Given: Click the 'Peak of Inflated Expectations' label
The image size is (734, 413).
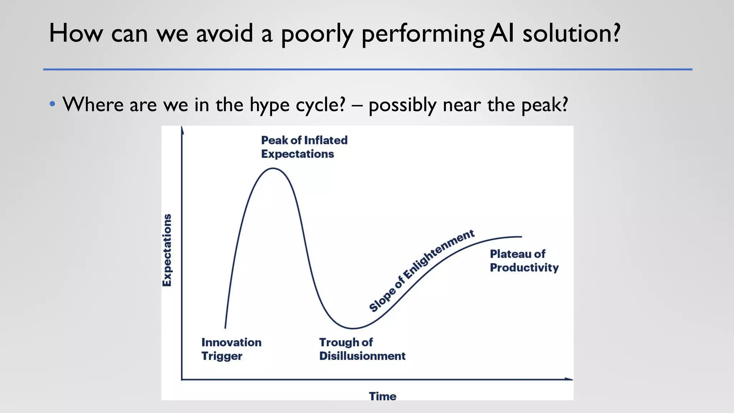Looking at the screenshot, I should [x=304, y=147].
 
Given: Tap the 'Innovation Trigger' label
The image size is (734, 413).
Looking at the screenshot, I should [x=231, y=349].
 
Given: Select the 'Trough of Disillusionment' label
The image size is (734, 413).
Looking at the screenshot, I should [x=362, y=349].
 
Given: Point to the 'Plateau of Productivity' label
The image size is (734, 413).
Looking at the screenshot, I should [x=524, y=261].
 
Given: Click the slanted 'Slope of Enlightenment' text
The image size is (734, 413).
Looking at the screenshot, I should [x=421, y=271].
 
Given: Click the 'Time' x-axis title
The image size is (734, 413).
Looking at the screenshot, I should [x=382, y=396].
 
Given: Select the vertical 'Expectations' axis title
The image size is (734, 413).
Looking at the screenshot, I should [x=167, y=250].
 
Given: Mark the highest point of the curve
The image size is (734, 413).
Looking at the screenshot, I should [x=273, y=168].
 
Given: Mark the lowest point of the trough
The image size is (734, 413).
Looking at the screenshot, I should [x=353, y=328].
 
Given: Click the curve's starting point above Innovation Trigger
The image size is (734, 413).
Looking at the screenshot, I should [x=225, y=327].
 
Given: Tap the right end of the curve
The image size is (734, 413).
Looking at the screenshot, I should [x=521, y=237].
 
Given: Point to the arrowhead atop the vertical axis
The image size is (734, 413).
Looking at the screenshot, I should [x=182, y=130].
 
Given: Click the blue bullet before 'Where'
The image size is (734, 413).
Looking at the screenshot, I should [x=53, y=104].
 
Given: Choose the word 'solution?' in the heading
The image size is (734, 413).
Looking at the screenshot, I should [x=571, y=33].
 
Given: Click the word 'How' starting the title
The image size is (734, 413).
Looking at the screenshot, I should [x=75, y=33].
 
